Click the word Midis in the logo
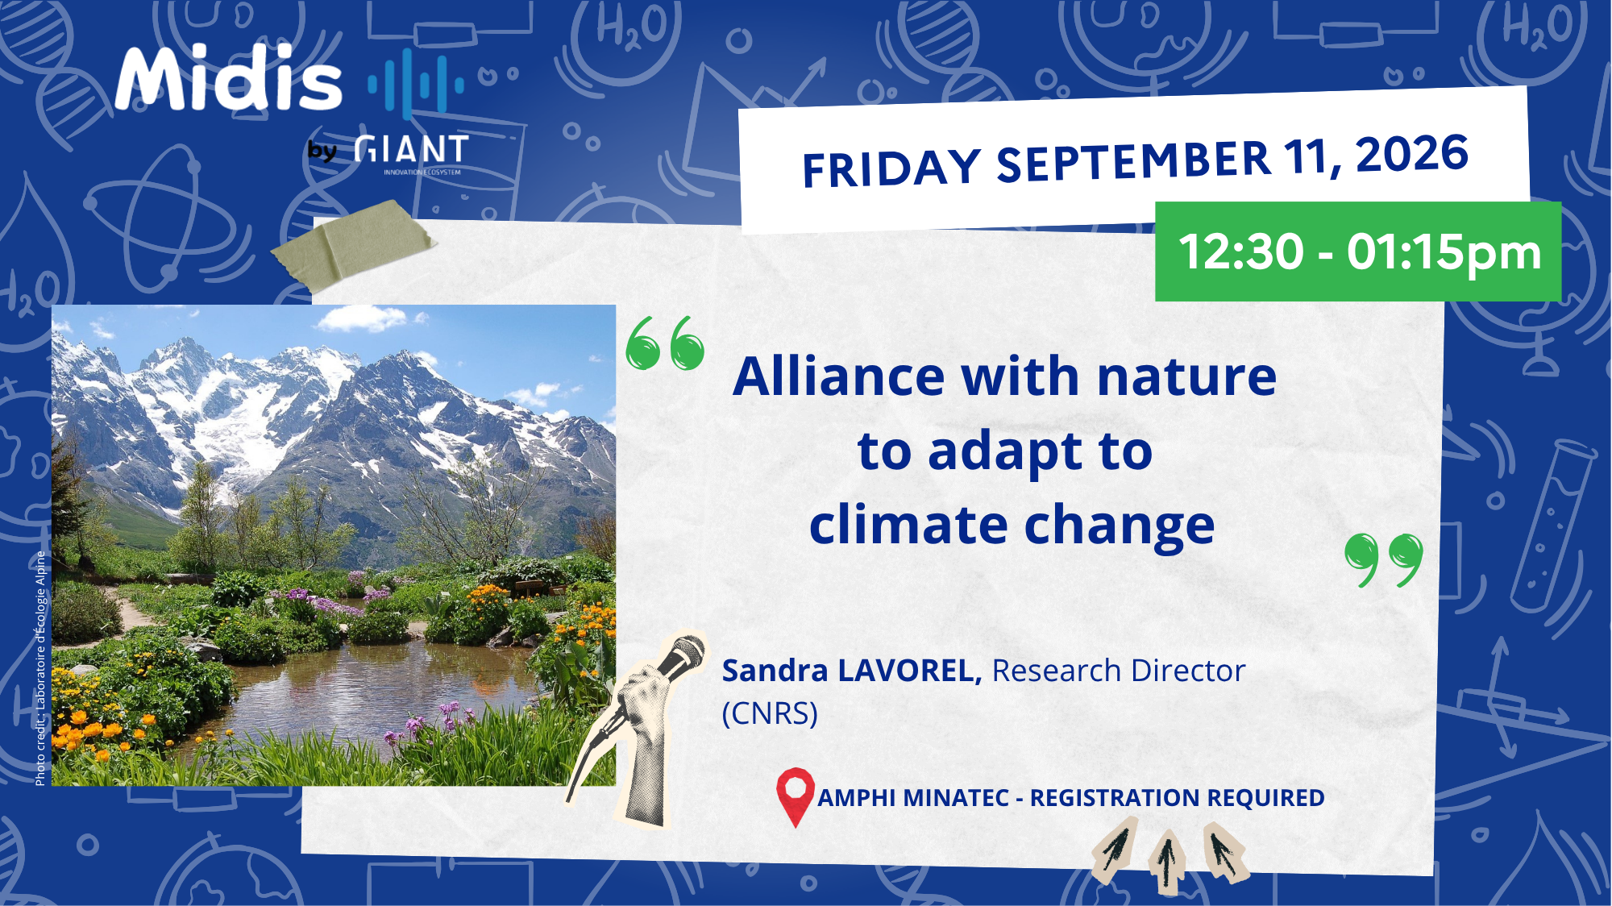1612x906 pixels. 230,78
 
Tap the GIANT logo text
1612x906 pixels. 412,150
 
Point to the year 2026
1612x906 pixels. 1412,154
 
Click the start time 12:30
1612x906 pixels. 1241,251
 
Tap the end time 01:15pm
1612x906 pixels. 1444,251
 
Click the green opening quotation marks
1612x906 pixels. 666,343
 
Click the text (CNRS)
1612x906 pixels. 770,713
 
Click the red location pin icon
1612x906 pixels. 796,796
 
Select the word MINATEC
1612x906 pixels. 956,798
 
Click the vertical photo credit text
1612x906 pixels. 40,668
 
